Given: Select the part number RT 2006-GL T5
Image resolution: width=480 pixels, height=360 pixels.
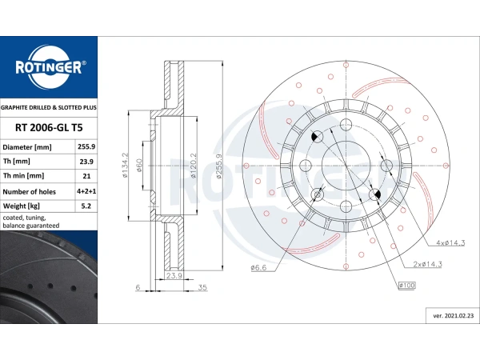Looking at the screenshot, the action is (x=49, y=128).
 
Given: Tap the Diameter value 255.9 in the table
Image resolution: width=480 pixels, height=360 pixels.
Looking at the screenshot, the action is (x=86, y=146).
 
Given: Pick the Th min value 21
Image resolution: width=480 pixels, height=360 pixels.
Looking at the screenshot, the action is (x=86, y=176).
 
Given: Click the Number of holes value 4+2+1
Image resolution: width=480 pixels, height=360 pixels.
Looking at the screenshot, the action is (x=86, y=191).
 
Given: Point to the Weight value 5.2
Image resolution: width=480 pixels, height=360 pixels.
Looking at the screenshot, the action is (x=86, y=206).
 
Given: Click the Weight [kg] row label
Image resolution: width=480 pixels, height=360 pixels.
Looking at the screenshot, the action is (x=21, y=206).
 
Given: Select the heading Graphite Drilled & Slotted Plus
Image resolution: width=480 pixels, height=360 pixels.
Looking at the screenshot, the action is (x=49, y=107).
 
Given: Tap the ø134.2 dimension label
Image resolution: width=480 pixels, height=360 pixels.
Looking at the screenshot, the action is (x=125, y=166).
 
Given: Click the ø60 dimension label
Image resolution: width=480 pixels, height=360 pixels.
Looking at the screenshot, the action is (x=139, y=166).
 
